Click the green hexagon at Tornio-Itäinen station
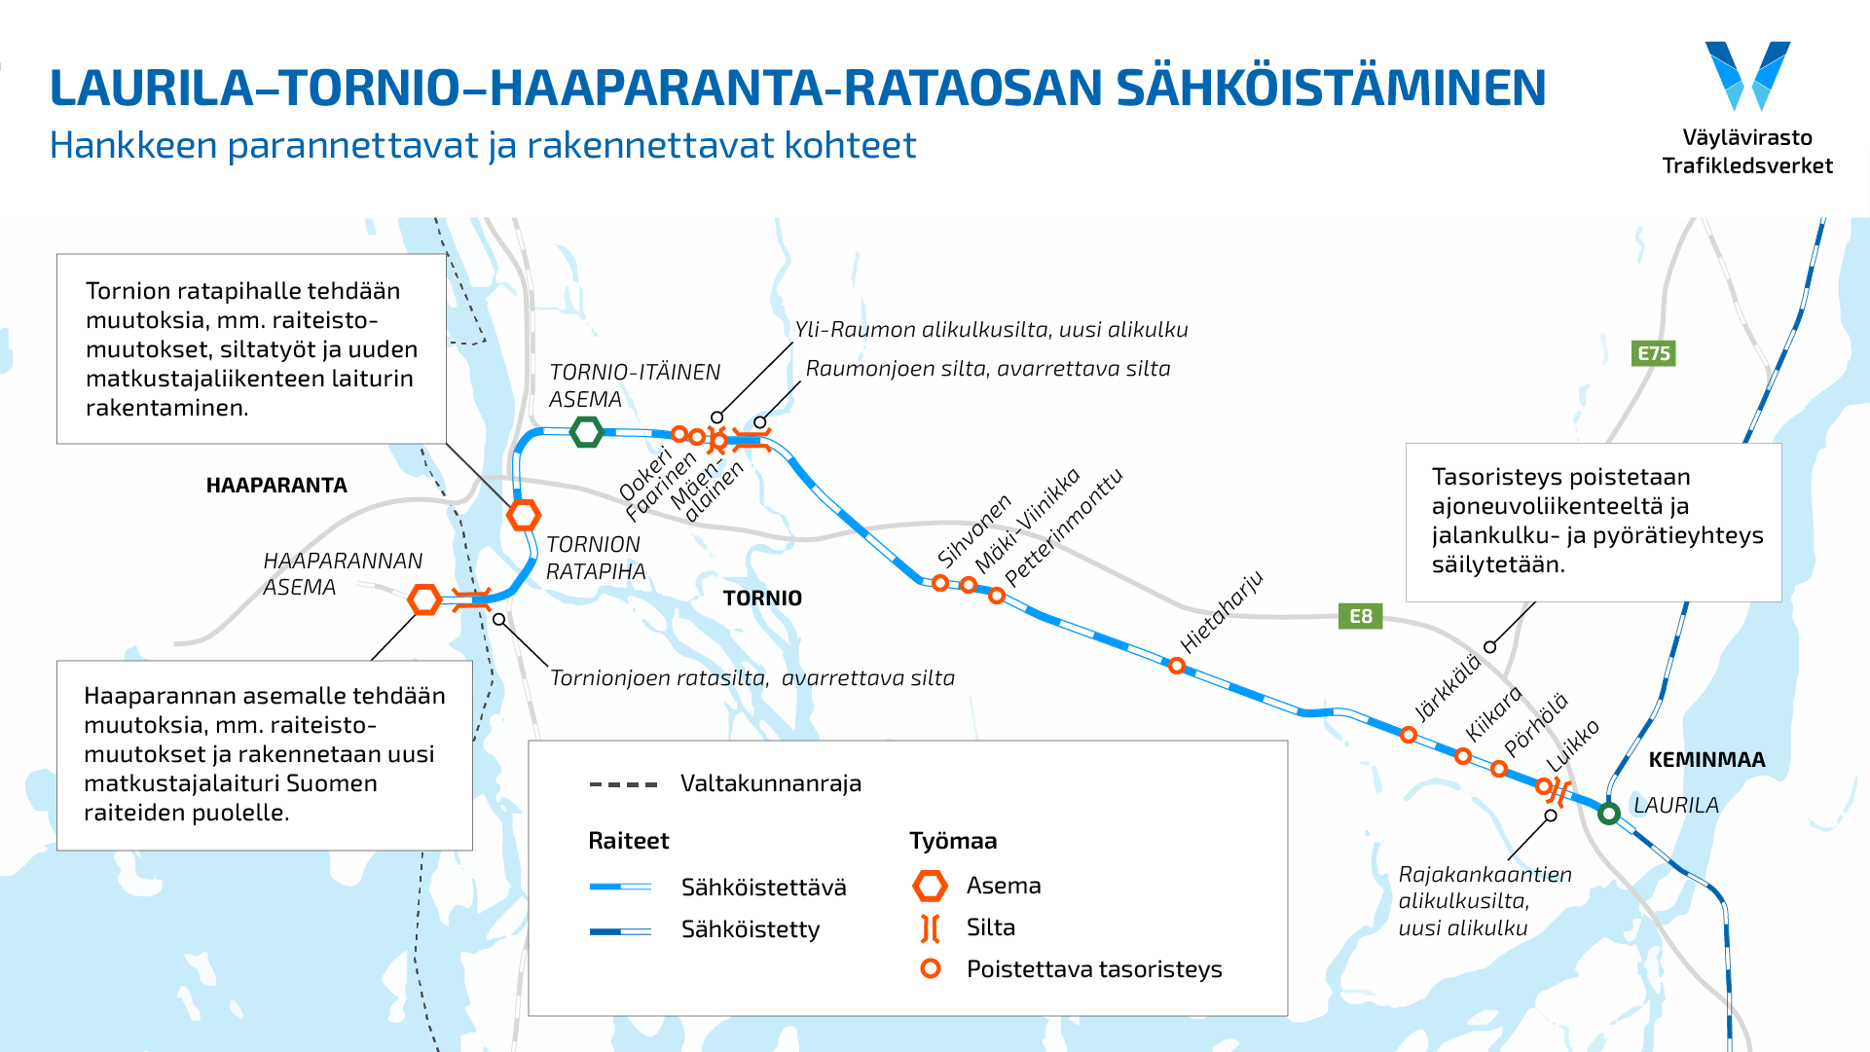[x=587, y=431]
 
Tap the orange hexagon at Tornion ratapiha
[x=524, y=515]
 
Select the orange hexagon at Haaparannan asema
[x=424, y=599]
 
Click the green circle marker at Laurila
[x=1609, y=813]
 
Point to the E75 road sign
[x=1653, y=353]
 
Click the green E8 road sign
[x=1360, y=616]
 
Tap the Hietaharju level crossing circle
[x=1177, y=667]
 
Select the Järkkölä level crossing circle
[x=1408, y=735]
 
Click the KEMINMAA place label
[x=1706, y=760]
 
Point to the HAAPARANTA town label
[x=276, y=486]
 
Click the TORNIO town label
[x=762, y=599]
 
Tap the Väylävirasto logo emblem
[x=1747, y=76]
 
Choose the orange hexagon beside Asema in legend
[x=931, y=886]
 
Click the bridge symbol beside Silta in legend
[x=931, y=928]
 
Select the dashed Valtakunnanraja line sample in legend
[x=623, y=784]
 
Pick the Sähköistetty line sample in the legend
[x=620, y=931]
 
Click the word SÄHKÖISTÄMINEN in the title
[x=1331, y=88]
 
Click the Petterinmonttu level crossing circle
[x=997, y=596]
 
